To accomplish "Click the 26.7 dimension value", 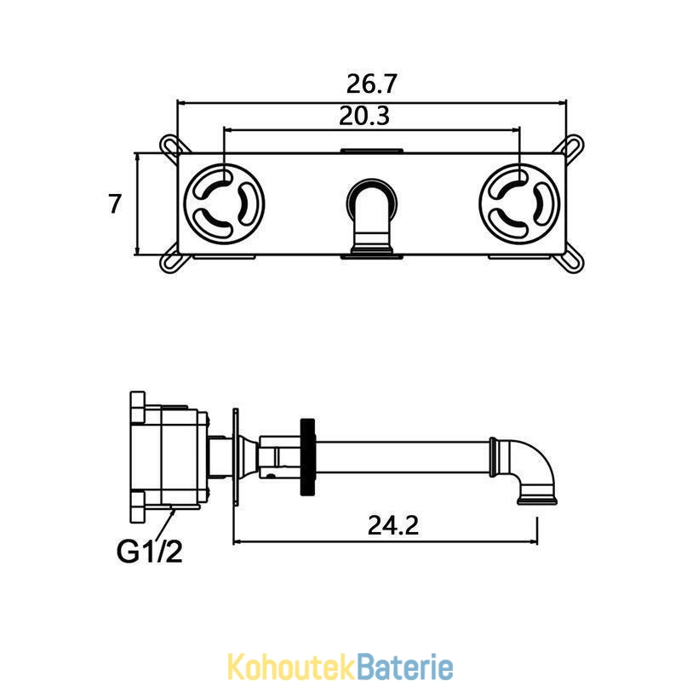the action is (x=371, y=83).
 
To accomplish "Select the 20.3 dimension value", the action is (x=364, y=116).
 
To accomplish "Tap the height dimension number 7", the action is (x=114, y=203).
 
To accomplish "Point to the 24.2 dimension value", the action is (x=393, y=525).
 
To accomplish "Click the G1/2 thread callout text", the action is (x=150, y=552).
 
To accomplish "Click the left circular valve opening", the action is (x=224, y=203).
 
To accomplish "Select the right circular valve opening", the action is (x=519, y=203).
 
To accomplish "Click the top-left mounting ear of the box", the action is (x=173, y=146).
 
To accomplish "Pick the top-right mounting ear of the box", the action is (x=570, y=146).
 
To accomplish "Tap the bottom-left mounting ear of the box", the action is (x=172, y=262).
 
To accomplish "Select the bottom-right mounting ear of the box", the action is (x=571, y=262).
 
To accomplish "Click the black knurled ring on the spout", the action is (x=307, y=456).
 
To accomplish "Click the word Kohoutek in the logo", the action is (x=294, y=667).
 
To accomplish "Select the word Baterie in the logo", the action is (x=407, y=667).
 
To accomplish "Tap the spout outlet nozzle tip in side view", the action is (x=537, y=500).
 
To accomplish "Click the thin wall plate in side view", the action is (x=236, y=457).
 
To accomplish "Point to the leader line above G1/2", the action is (x=164, y=524).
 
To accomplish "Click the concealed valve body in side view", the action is (x=169, y=457).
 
